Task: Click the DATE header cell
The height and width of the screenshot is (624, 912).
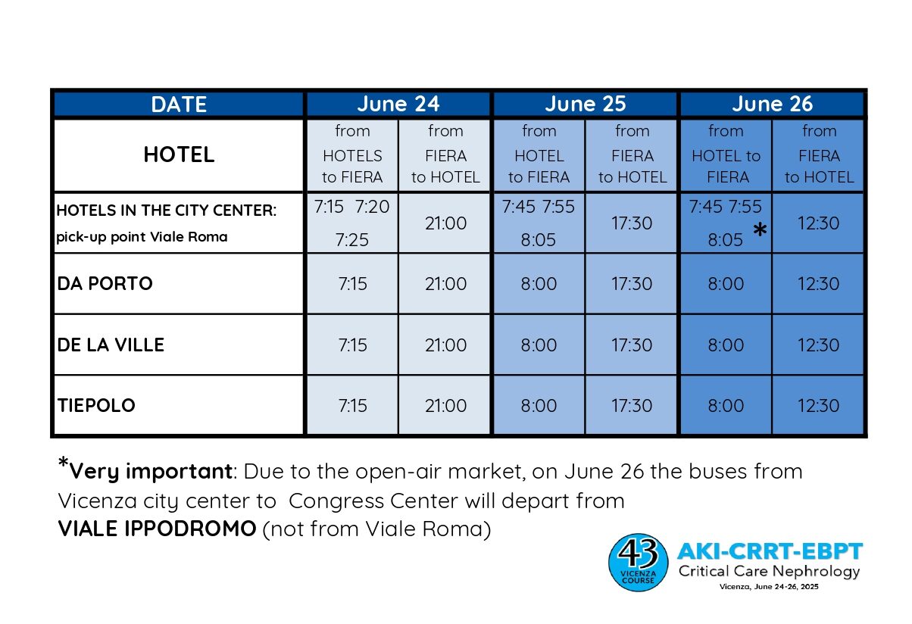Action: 179,105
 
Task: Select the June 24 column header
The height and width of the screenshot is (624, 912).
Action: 398,105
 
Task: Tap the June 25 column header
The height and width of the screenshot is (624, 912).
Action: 585,105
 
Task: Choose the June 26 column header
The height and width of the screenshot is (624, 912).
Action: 772,105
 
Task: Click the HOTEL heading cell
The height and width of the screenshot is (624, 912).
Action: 179,154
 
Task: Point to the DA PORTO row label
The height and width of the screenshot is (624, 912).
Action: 105,284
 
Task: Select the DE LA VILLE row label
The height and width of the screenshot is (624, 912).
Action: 111,345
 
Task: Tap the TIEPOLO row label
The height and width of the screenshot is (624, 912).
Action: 96,405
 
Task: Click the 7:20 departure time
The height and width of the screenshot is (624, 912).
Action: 372,207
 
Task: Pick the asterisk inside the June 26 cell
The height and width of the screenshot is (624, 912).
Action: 760,230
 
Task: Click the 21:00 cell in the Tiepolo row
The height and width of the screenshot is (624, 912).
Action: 445,405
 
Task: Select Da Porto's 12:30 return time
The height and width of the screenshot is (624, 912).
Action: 818,284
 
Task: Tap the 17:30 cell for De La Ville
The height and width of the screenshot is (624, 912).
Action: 632,345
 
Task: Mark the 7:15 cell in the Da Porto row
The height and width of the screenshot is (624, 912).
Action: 352,284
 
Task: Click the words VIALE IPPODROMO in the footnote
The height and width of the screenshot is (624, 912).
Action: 157,529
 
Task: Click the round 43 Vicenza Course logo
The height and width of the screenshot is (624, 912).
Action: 638,562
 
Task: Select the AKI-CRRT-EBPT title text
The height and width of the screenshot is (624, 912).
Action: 770,551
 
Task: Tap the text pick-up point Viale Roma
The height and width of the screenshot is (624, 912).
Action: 142,237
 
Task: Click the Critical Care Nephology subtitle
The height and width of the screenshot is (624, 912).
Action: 769,572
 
